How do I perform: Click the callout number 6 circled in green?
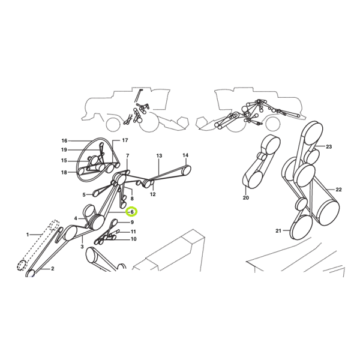[132, 212]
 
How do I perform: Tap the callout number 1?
[28, 235]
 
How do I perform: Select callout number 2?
[53, 268]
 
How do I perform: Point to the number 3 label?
[82, 247]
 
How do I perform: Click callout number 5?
[84, 195]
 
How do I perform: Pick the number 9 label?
[132, 222]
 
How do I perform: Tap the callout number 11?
[133, 232]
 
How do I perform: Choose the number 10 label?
[133, 239]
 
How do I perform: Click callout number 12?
[152, 194]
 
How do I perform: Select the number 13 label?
[159, 156]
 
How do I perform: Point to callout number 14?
[185, 155]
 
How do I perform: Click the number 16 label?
[64, 141]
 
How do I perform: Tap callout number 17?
[125, 140]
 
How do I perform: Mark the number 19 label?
[64, 150]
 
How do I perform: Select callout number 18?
[64, 172]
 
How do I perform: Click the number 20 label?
[245, 197]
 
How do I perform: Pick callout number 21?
[278, 231]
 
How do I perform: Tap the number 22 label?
[338, 190]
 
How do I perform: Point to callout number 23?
[329, 147]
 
